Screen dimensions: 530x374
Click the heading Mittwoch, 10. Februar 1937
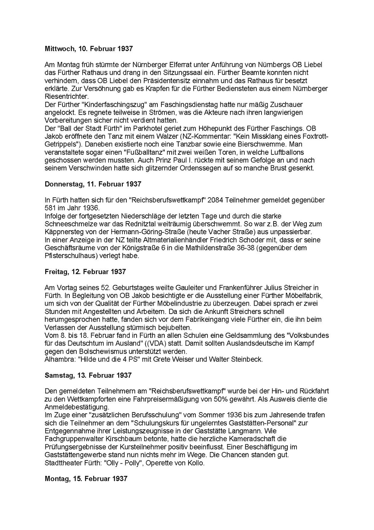click(88, 49)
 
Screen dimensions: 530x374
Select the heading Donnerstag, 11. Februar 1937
click(93, 184)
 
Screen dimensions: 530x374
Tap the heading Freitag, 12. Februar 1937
click(85, 272)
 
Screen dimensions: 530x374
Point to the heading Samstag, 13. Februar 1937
click(88, 375)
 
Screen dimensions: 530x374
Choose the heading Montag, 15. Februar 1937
click(86, 478)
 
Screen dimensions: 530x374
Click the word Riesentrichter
click(66, 97)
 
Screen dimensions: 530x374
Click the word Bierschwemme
click(260, 144)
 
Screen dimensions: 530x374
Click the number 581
click(51, 208)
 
